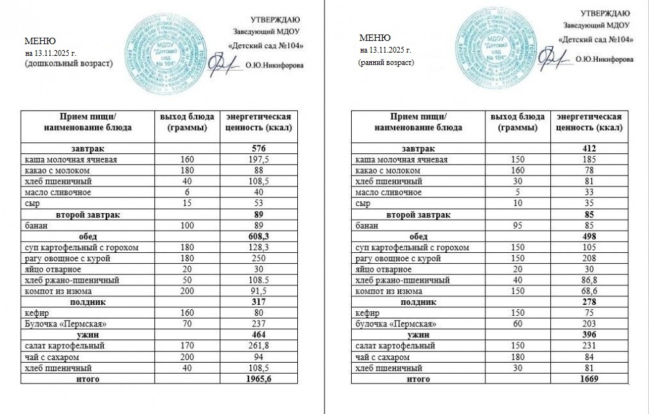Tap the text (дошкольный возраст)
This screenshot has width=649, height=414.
coord(67,64)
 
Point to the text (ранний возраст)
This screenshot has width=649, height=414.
coord(387,62)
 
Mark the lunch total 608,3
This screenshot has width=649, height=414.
coord(259,237)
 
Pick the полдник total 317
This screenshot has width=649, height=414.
coord(259,302)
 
